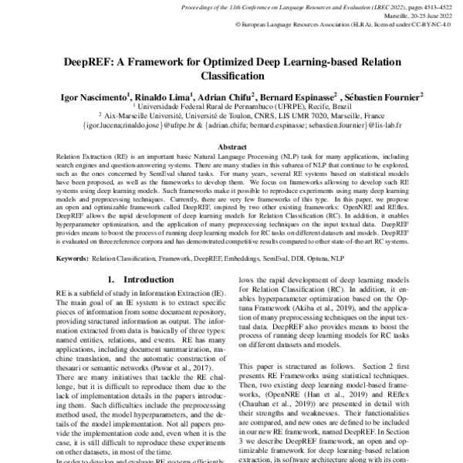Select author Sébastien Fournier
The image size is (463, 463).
[383, 98]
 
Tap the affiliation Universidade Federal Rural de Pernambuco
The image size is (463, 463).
[205, 107]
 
